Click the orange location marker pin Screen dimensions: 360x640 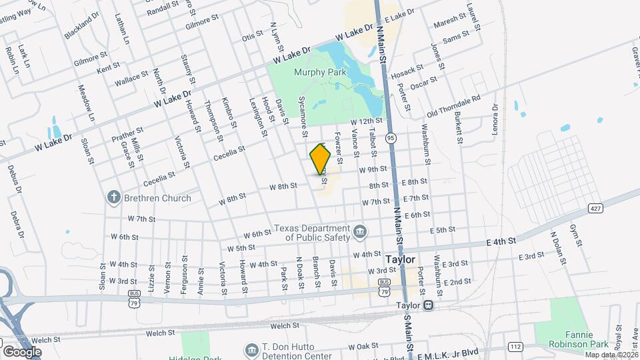pos(321,161)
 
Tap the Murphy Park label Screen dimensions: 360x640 pos(317,72)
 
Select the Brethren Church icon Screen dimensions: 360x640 pos(114,198)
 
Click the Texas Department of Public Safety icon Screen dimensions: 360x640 pos(360,231)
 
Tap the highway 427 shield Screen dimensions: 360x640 pos(596,209)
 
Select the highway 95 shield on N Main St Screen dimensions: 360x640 pos(391,138)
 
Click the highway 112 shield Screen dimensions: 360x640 pos(515,346)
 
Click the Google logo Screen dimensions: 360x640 pos(22,351)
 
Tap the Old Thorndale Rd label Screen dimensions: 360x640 pos(453,105)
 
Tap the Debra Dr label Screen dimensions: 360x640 pos(17,225)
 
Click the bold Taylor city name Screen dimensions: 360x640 pos(401,259)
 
